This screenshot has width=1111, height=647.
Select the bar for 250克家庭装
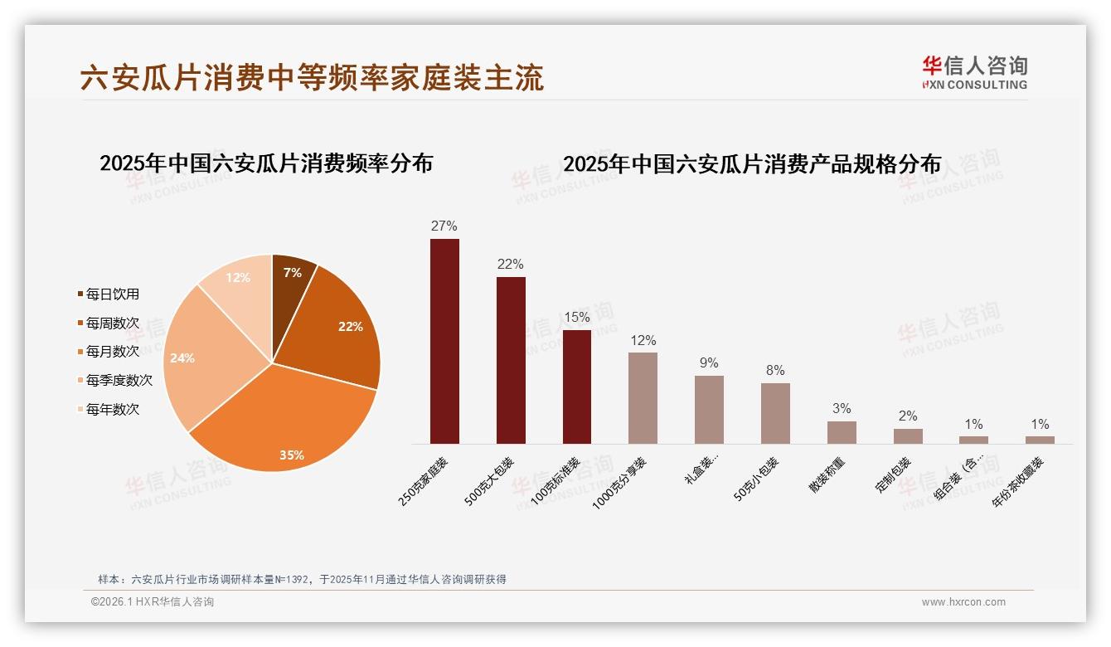tap(444, 341)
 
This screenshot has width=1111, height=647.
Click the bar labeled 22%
tap(511, 360)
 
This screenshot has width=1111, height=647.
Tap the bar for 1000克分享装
tap(643, 398)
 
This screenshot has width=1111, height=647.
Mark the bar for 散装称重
tap(842, 432)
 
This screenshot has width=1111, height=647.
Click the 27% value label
tap(444, 226)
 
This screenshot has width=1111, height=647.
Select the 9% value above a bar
tap(709, 363)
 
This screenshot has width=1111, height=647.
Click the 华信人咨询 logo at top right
tap(974, 72)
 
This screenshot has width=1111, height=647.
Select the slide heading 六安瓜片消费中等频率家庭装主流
tap(312, 78)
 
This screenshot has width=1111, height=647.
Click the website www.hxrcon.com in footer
tap(963, 602)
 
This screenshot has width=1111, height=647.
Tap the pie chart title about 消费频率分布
tap(266, 163)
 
